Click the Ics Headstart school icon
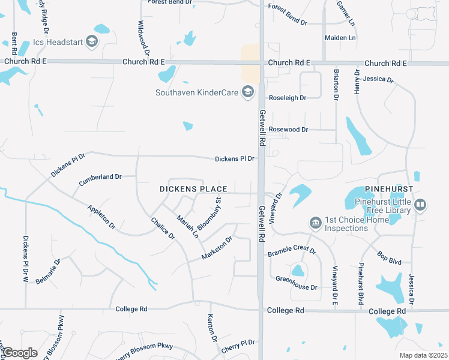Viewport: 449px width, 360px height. coord(92,41)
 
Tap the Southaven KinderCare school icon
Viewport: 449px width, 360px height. coord(247,92)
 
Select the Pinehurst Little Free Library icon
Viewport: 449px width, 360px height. coord(421,206)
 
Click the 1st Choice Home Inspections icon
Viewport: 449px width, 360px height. coord(315,224)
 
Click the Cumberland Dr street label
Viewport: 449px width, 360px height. coord(101,177)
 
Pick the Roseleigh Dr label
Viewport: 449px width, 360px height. coord(288,98)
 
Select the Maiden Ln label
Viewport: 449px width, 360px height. coord(340,38)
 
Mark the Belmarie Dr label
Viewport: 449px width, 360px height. coord(47,272)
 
